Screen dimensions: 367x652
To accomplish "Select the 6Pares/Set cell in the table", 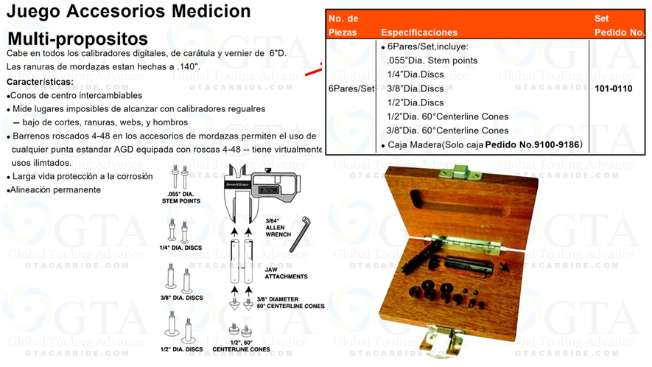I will click(x=352, y=88).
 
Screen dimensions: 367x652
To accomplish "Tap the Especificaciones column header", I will click(x=418, y=32).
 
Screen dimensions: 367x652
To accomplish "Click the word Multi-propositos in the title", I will click(x=77, y=38).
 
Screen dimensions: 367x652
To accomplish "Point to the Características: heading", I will click(x=40, y=81).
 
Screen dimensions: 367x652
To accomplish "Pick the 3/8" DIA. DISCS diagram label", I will click(x=182, y=298).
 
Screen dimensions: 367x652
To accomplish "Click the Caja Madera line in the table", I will click(x=483, y=144).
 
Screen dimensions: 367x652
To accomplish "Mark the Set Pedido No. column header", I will click(x=619, y=25).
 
